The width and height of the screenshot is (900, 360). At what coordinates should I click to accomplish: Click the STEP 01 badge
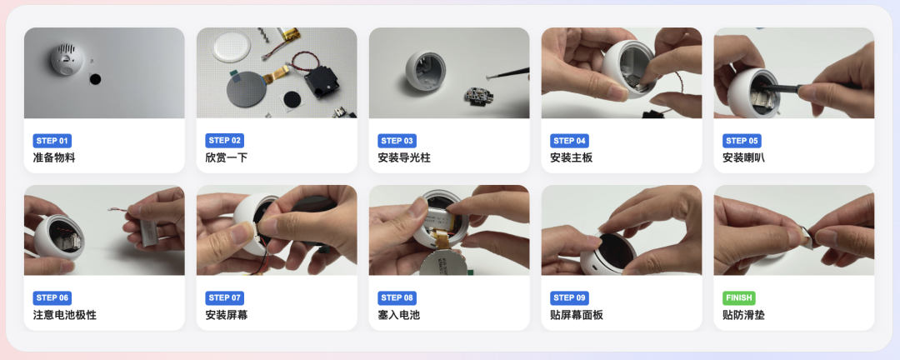[52, 141]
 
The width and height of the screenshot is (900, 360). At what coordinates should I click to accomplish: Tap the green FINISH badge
[738, 297]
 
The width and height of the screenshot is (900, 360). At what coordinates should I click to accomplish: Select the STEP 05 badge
[742, 141]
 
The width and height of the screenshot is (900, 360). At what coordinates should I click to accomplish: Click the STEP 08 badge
[397, 297]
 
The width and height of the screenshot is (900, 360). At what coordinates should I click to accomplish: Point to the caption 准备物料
[54, 157]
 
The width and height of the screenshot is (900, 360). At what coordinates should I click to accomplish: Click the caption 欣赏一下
[227, 157]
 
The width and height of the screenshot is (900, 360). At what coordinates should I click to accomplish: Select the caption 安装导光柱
[404, 157]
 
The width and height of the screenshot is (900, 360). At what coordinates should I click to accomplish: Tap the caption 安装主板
[572, 157]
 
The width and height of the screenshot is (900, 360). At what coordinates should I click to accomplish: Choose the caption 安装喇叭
[744, 157]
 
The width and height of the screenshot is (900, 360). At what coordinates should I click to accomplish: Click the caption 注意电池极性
[65, 315]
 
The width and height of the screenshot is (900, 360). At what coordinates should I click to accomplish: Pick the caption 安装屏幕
[227, 315]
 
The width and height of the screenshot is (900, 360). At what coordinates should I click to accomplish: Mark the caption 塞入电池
[399, 315]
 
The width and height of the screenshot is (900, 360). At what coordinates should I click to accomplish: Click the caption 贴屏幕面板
[577, 315]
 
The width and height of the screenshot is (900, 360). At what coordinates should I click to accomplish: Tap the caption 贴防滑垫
[744, 315]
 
